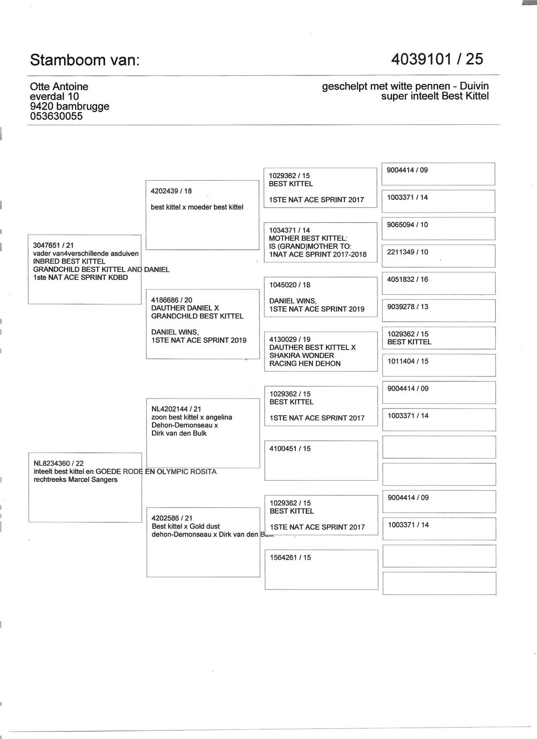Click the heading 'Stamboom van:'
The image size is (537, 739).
coord(84,60)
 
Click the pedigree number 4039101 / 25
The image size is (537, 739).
coord(437,59)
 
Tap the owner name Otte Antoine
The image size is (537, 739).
coord(59,87)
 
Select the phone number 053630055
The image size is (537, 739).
coord(56,116)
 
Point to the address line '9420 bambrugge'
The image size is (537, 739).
coord(69,106)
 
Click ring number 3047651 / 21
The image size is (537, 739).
coord(53,246)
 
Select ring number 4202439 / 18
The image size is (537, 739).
coord(171,191)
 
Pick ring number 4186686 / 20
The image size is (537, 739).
coord(171,300)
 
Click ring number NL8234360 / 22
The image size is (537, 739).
coord(58,463)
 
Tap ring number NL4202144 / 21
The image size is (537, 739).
coord(176,409)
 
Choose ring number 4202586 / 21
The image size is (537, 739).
coord(172,518)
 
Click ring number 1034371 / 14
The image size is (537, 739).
coord(290,230)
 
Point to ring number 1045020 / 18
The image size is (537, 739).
coord(290,285)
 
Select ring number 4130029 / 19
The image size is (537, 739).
coord(290,339)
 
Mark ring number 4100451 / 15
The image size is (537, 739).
coord(290,449)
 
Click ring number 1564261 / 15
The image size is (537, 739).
coord(290,558)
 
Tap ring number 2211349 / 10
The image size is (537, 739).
coord(407,252)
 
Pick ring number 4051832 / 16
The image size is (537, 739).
coord(407,279)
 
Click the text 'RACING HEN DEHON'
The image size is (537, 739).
coord(305,363)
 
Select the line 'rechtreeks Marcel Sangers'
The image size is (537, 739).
coord(76,479)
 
